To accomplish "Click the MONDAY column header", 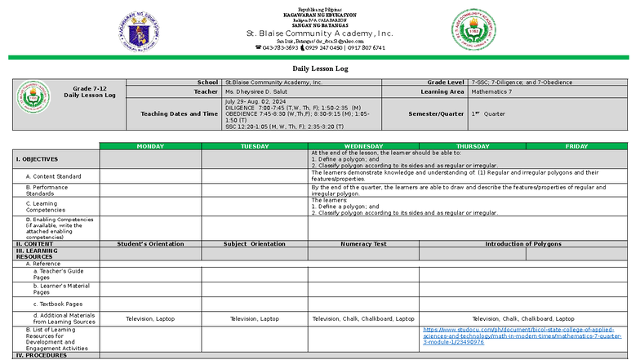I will (x=150, y=146).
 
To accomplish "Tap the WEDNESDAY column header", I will (x=363, y=146).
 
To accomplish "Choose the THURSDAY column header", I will (x=473, y=146).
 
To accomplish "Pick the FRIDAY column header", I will (x=576, y=146).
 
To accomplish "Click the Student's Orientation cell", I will (x=150, y=244).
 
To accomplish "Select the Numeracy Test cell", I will (x=363, y=244).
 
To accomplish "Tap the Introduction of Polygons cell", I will (x=523, y=244).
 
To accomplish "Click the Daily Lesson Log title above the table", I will (x=320, y=69).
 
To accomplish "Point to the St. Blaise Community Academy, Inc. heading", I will (x=319, y=33).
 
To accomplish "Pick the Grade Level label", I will (x=445, y=82).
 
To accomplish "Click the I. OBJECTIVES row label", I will (x=37, y=159).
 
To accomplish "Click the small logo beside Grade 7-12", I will (x=34, y=98).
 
